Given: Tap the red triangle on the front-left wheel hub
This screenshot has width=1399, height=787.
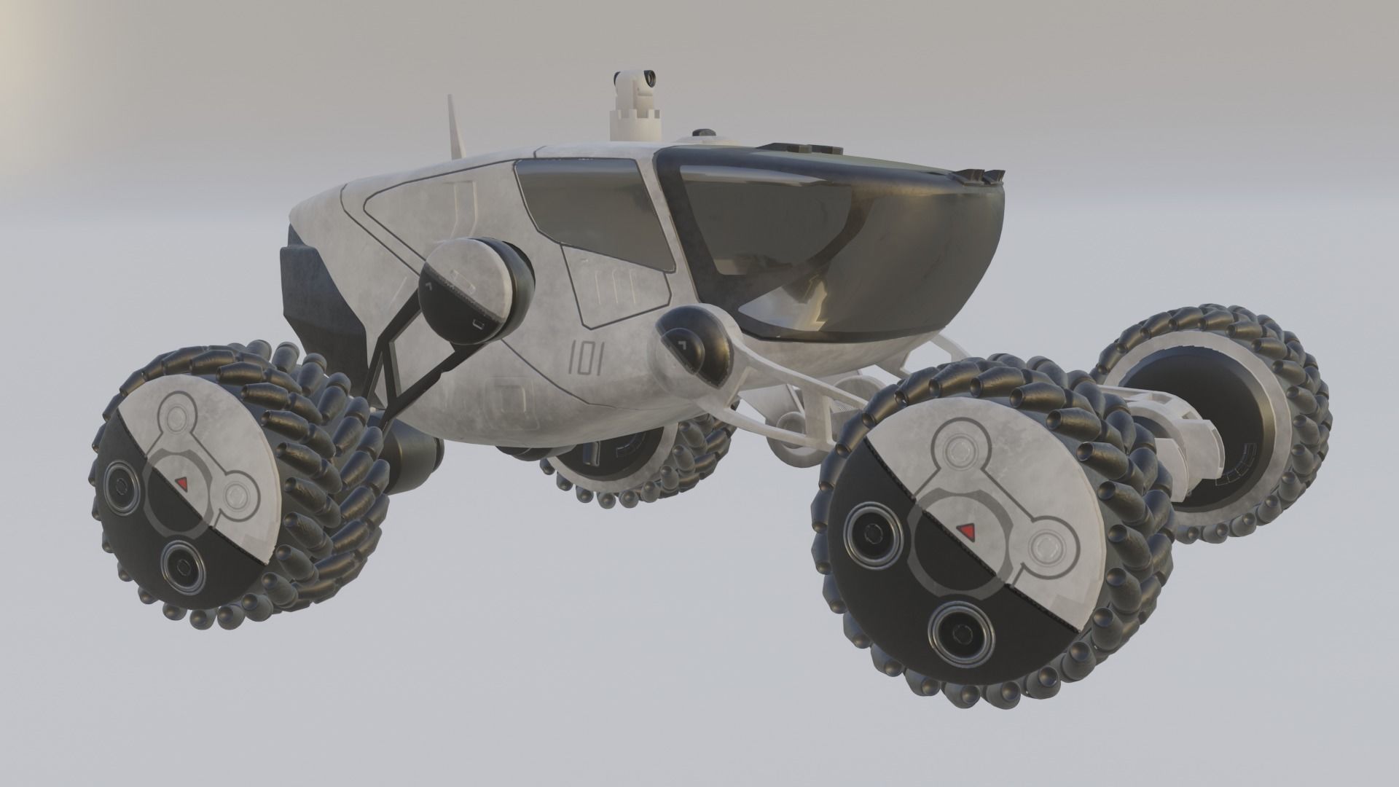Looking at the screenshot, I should (182, 482).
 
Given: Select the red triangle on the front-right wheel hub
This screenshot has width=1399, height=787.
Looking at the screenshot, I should (967, 528).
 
